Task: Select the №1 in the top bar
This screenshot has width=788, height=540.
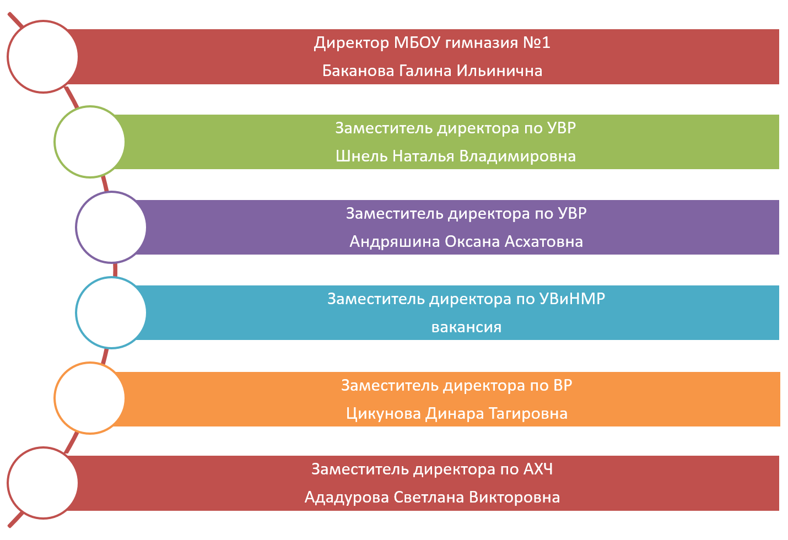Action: [537, 43]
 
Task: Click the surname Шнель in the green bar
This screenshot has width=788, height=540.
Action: [361, 156]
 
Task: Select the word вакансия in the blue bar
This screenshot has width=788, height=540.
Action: [466, 327]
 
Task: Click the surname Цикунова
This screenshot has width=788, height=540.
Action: [384, 414]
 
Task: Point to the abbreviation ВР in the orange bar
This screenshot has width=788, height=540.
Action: [562, 386]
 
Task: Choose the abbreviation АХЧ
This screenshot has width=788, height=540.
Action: [538, 469]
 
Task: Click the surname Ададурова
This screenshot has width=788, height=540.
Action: [347, 498]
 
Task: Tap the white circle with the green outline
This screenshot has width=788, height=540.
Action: [90, 142]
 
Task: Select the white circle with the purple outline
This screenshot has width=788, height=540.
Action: [111, 227]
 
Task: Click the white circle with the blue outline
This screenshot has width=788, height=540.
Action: [111, 312]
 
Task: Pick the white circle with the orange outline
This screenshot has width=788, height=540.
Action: [90, 398]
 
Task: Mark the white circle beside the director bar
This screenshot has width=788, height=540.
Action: [43, 56]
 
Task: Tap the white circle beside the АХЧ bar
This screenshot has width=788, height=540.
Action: [43, 483]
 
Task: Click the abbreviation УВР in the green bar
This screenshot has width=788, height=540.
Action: [562, 128]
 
